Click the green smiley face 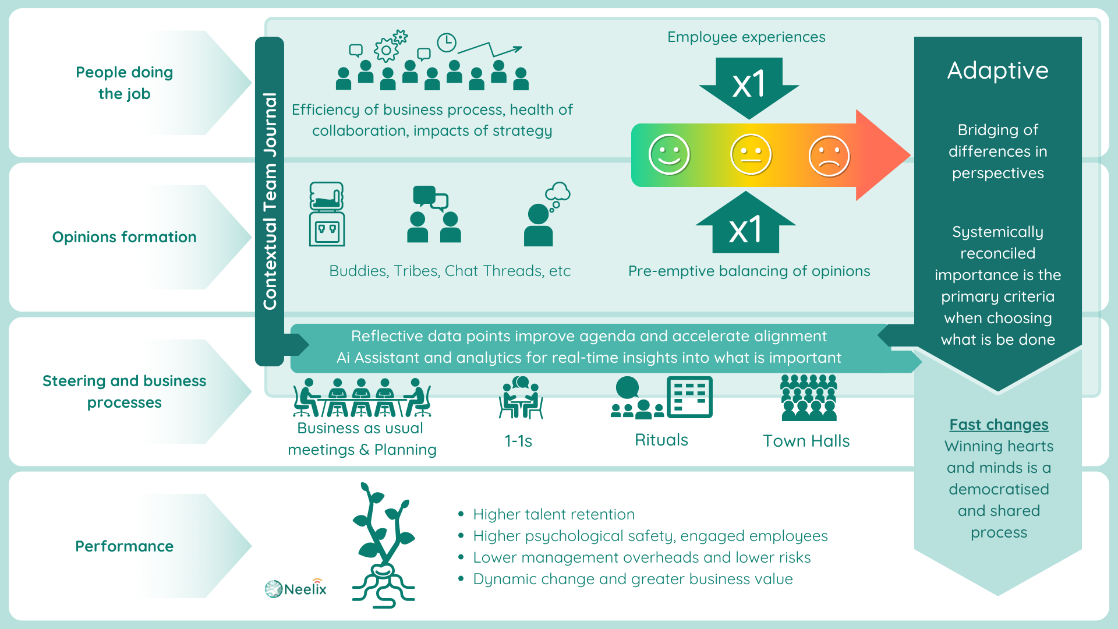click(x=669, y=155)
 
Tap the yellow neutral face click(x=751, y=155)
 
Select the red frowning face click(x=829, y=156)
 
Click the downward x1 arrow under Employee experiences click(x=749, y=88)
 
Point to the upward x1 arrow click(x=746, y=222)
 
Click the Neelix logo click(x=296, y=588)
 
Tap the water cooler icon click(x=327, y=214)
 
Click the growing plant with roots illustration click(x=383, y=546)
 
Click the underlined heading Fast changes click(x=999, y=425)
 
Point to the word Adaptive click(x=997, y=70)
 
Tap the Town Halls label click(x=806, y=441)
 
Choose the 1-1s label click(x=518, y=441)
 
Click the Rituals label click(x=661, y=440)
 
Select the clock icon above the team click(x=447, y=43)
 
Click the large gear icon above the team click(x=385, y=50)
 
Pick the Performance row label click(x=124, y=546)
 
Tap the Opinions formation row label click(x=124, y=237)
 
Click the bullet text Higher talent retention click(x=554, y=514)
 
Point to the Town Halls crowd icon click(x=809, y=397)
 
